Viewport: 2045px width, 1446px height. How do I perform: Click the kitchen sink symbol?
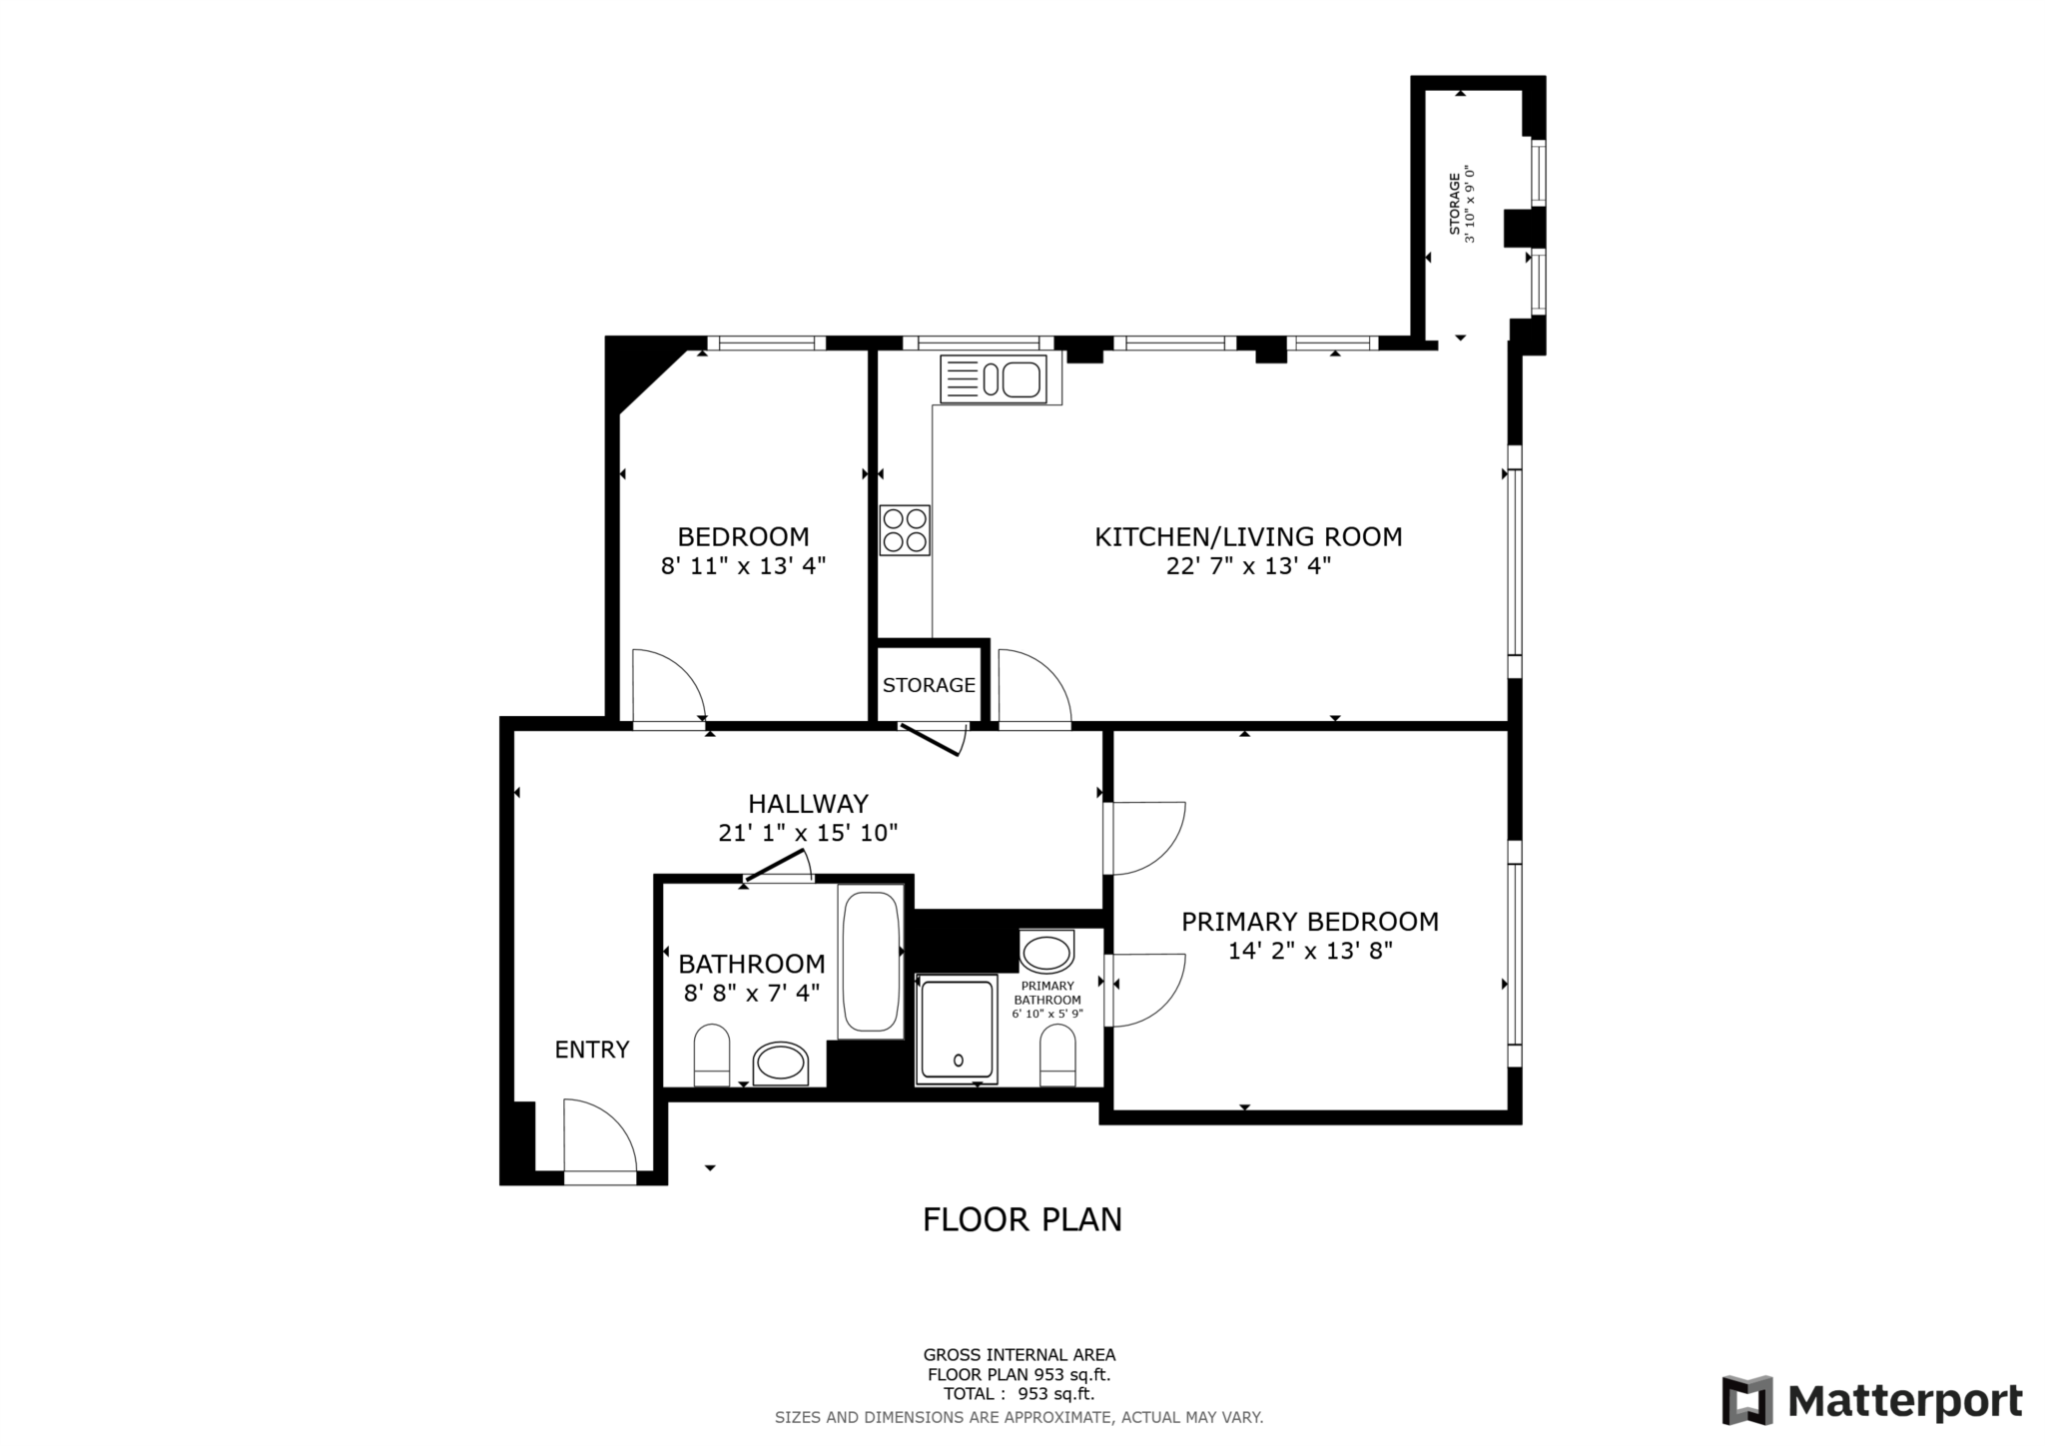pos(994,379)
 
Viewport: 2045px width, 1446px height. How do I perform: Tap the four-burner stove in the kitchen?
pos(905,530)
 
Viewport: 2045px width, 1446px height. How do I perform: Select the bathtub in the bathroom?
pos(871,962)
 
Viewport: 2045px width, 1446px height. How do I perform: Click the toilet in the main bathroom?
pos(712,1055)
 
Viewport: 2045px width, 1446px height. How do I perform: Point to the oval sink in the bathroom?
pos(781,1065)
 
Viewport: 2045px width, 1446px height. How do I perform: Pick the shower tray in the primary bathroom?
pos(957,1029)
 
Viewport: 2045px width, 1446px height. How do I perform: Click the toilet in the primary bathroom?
pos(1057,1056)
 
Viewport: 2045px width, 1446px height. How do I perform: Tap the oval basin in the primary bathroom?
pos(1046,952)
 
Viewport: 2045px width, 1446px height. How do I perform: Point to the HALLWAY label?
pos(808,803)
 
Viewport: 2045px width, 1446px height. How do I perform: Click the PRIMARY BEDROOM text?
pos(1310,922)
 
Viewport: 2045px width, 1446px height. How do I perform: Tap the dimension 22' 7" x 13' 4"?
pos(1248,566)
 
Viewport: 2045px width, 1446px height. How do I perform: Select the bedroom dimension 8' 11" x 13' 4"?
pos(743,566)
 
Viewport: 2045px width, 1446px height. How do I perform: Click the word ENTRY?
pos(592,1050)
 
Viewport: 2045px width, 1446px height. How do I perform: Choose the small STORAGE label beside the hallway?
pos(929,685)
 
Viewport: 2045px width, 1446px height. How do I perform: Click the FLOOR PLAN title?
pos(1022,1219)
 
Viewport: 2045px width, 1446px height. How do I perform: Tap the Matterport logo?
pos(1872,1401)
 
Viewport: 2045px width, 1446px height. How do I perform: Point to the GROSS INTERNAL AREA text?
pos(1020,1355)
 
